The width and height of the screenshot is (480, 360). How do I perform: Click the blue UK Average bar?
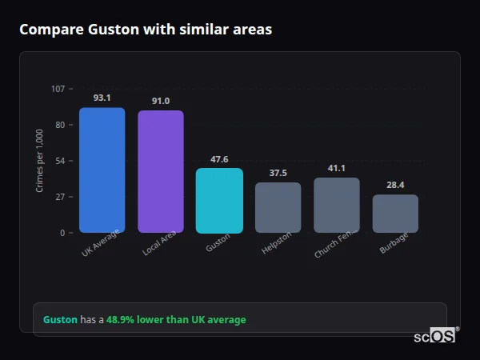pos(102,170)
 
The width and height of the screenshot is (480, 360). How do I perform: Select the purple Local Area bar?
pos(161,172)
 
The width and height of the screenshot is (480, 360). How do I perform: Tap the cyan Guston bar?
pos(219,201)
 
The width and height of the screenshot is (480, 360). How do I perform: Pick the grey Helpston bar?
pos(278,208)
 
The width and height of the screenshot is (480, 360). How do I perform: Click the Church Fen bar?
pos(337,206)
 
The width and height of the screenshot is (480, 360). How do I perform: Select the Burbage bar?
pos(395,214)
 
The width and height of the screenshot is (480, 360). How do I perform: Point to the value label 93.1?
pos(102,98)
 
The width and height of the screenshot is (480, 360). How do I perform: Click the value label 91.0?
pos(161,101)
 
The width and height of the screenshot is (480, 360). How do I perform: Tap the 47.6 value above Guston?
pos(219,159)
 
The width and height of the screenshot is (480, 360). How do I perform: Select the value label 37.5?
pos(278,173)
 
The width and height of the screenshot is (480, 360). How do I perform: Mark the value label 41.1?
pos(337,168)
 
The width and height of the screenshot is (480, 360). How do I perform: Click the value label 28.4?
pos(395,185)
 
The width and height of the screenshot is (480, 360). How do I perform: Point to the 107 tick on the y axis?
pos(58,89)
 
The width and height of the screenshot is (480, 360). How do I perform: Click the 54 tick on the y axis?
pos(60,161)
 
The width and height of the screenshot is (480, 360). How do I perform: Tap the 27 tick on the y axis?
pos(60,197)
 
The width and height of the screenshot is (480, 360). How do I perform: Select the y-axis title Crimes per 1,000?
pos(40,161)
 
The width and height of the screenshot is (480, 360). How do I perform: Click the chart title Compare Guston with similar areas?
pos(146,30)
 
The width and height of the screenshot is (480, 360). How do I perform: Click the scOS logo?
pos(434,336)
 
